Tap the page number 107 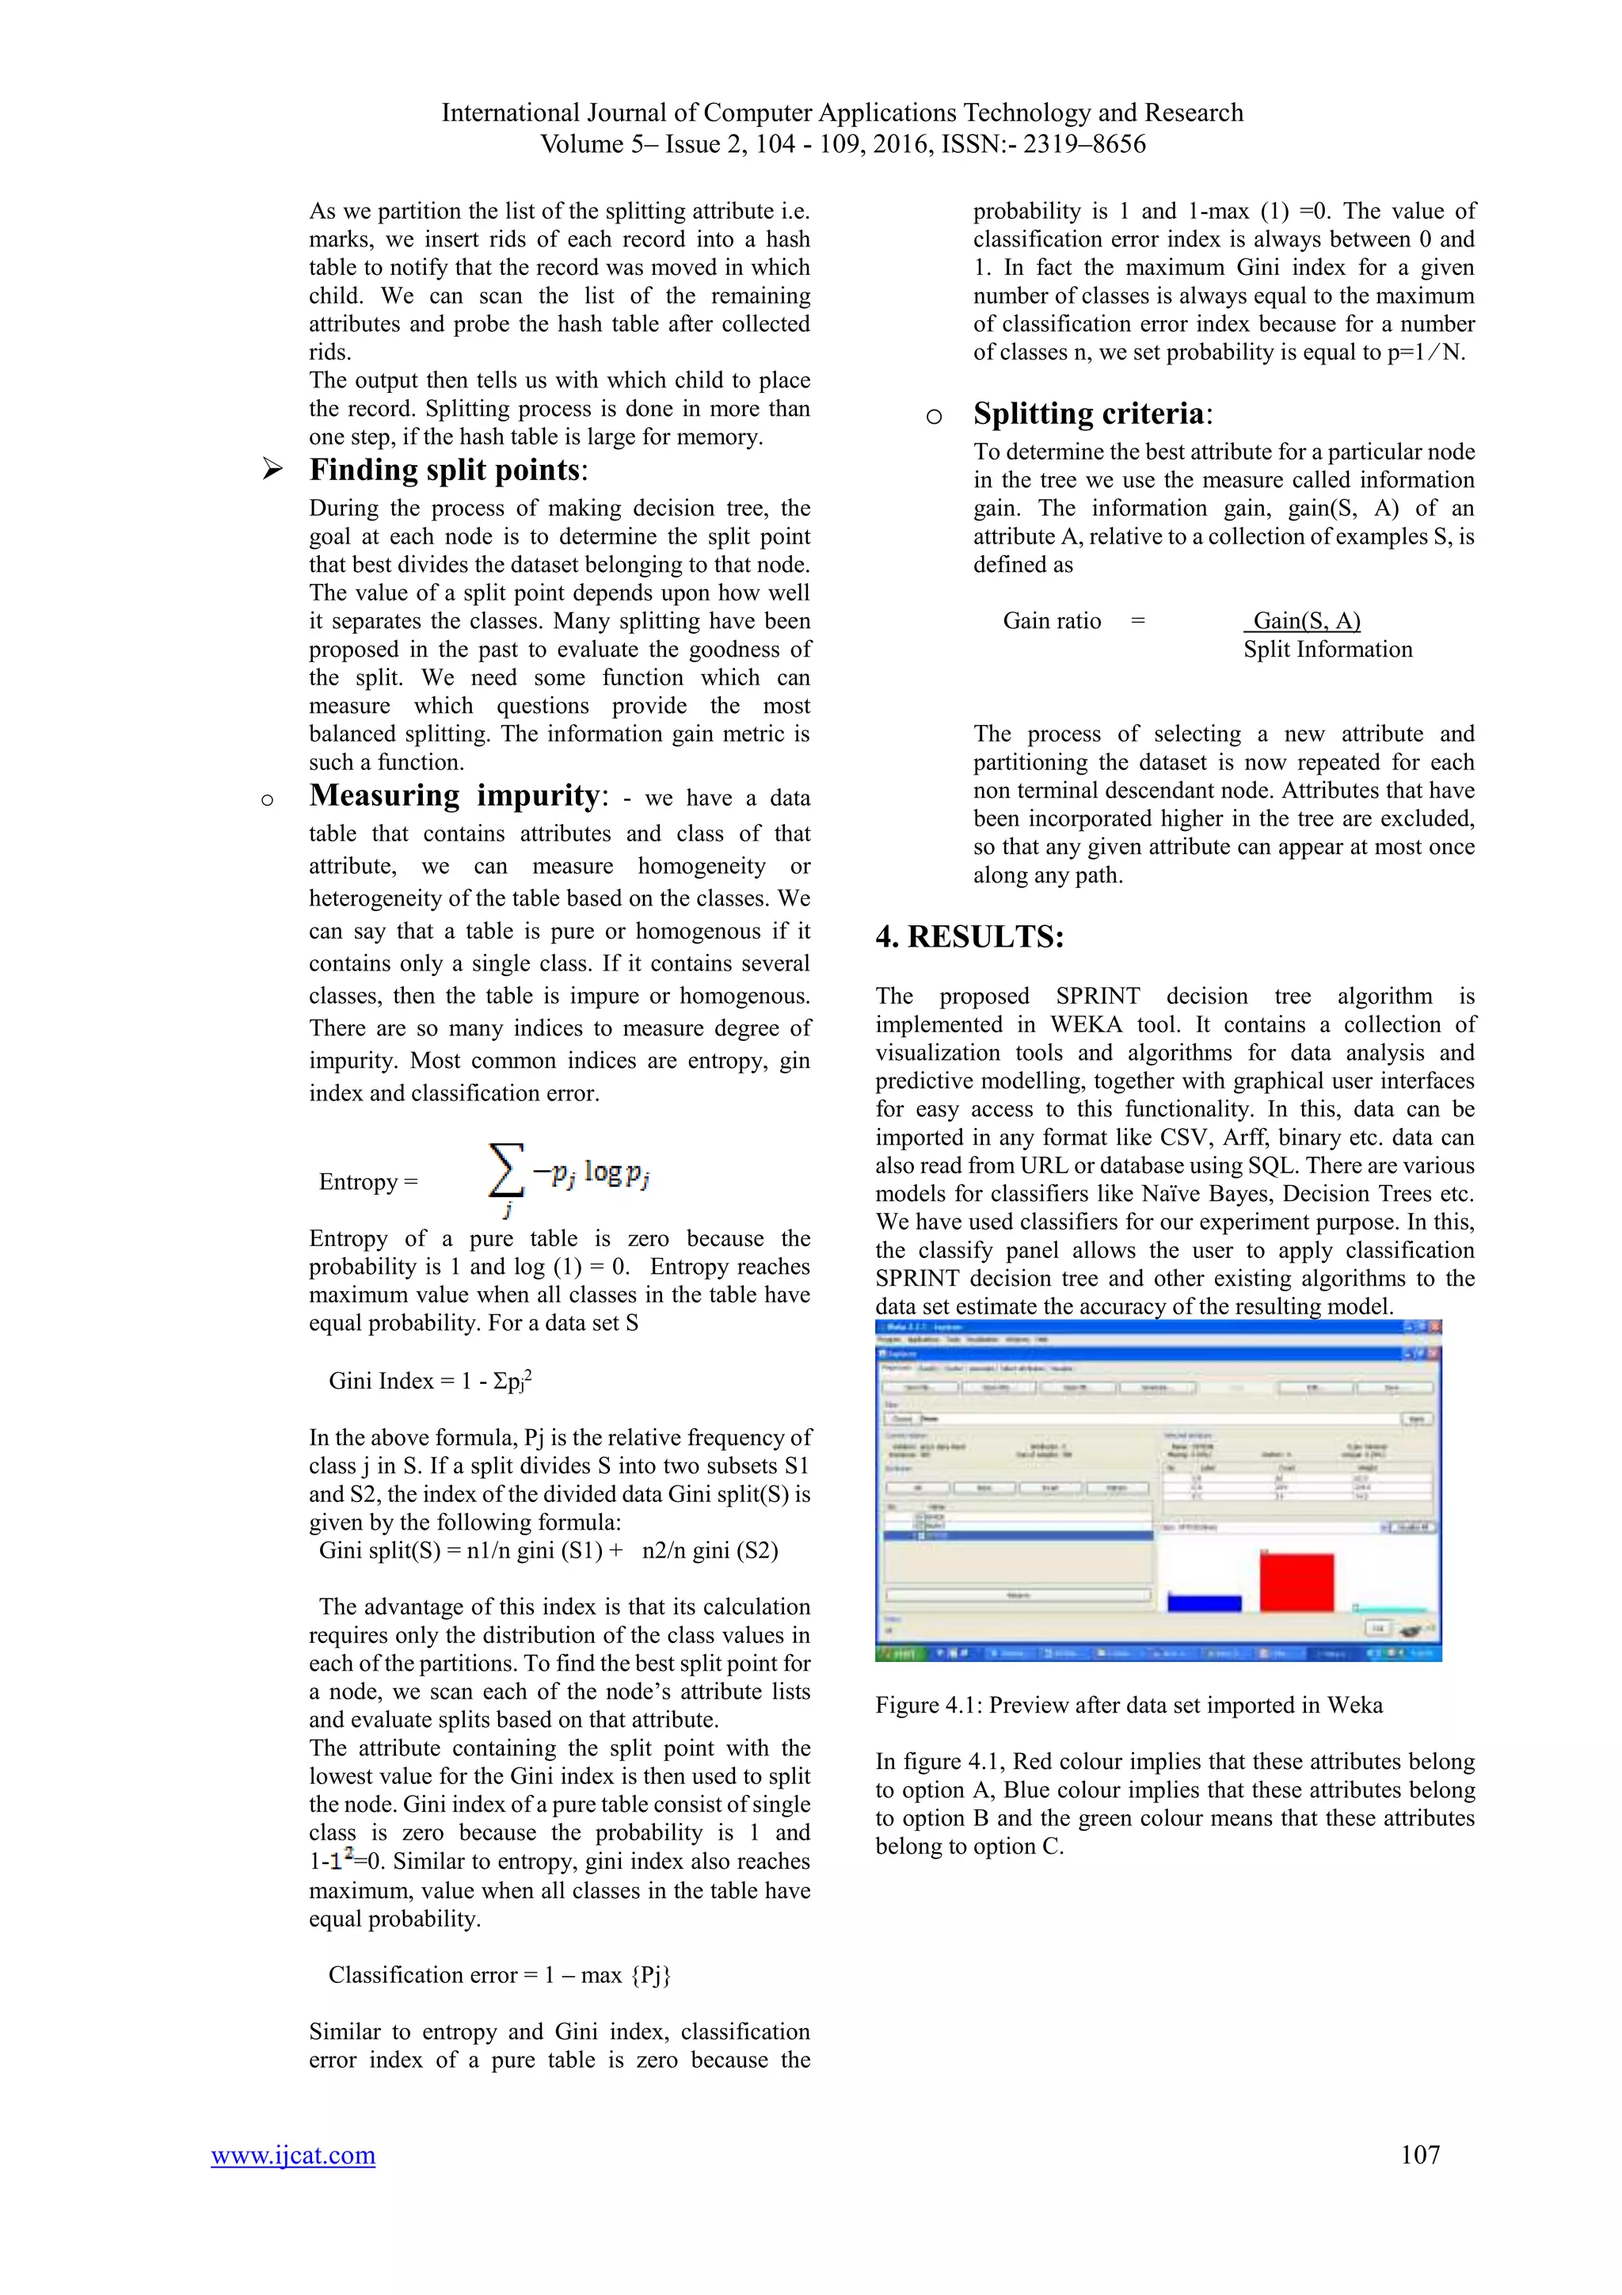pyautogui.click(x=1420, y=2154)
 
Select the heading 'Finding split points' pyautogui.click(x=445, y=470)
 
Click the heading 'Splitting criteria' pyautogui.click(x=1088, y=414)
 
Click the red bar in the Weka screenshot pyautogui.click(x=1296, y=1581)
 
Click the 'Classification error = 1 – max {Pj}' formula pyautogui.click(x=499, y=1975)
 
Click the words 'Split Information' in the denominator pyautogui.click(x=1327, y=650)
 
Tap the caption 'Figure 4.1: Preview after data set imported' pyautogui.click(x=1129, y=1706)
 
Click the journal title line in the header pyautogui.click(x=841, y=113)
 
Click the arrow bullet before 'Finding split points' pyautogui.click(x=272, y=469)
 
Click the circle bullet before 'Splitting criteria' pyautogui.click(x=934, y=417)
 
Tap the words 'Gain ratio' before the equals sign pyautogui.click(x=1051, y=621)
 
